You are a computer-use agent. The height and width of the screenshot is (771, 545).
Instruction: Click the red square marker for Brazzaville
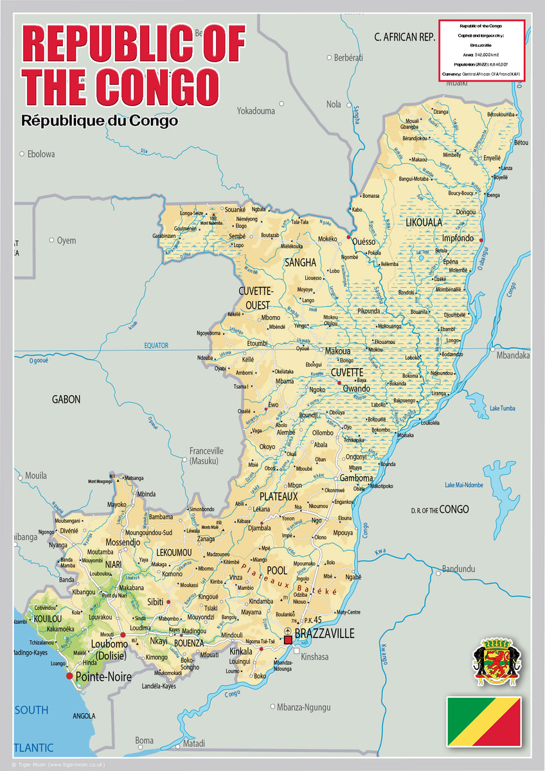pos(288,640)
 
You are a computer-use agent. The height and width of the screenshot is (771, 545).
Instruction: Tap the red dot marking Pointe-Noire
pos(69,676)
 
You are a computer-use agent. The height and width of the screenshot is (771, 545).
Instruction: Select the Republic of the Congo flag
pos(484,722)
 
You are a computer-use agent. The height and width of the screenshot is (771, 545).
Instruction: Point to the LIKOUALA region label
pos(424,222)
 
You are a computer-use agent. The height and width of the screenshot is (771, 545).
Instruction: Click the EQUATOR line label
pos(156,346)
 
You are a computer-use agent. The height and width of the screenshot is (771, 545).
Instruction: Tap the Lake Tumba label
pos(503,408)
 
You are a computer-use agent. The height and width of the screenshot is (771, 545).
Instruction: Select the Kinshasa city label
pos(315,657)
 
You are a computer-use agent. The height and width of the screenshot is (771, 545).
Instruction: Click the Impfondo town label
pos(458,238)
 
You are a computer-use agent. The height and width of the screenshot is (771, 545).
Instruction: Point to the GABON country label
pos(66,399)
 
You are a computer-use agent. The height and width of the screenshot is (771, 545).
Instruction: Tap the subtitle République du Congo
pos(99,120)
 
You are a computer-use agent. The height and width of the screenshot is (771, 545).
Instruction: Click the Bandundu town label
pos(459,569)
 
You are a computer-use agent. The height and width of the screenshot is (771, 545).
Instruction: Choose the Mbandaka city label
pos(513,355)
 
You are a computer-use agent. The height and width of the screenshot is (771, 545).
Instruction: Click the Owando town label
pos(357,389)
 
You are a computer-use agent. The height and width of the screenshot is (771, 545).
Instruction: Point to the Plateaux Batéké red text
pos(289,581)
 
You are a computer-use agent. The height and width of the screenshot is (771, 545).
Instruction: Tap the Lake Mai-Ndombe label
pos(463,485)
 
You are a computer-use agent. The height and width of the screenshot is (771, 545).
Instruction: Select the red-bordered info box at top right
pos(482,50)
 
